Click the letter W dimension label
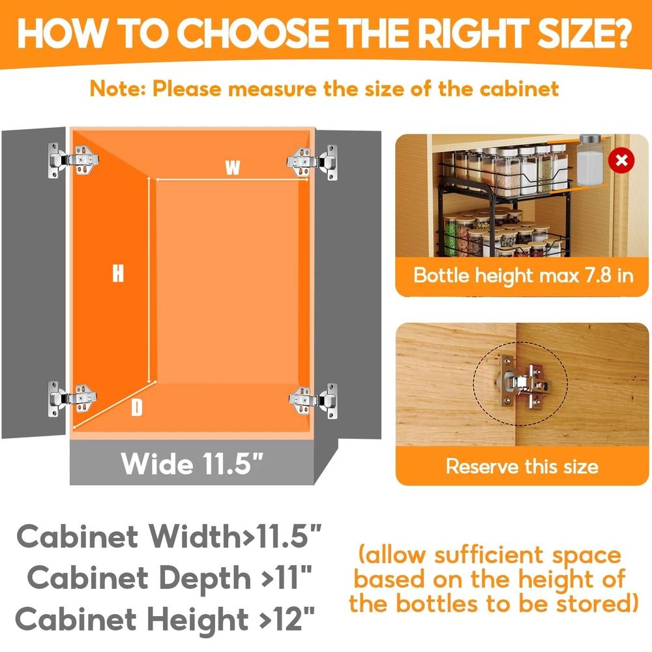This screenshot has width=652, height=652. (x=233, y=167)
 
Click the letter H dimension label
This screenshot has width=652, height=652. (x=118, y=274)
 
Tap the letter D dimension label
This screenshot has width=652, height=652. (x=137, y=407)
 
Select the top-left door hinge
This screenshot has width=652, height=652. (x=73, y=160)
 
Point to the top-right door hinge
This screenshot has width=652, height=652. (x=312, y=162)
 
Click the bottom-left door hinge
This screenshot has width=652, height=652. (x=72, y=399)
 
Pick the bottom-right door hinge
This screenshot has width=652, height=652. (x=313, y=401)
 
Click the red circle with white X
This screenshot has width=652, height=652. (x=621, y=160)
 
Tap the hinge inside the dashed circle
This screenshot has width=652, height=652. (x=524, y=381)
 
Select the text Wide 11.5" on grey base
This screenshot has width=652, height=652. (x=192, y=463)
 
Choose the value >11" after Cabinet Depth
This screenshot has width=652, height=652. (x=286, y=577)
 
